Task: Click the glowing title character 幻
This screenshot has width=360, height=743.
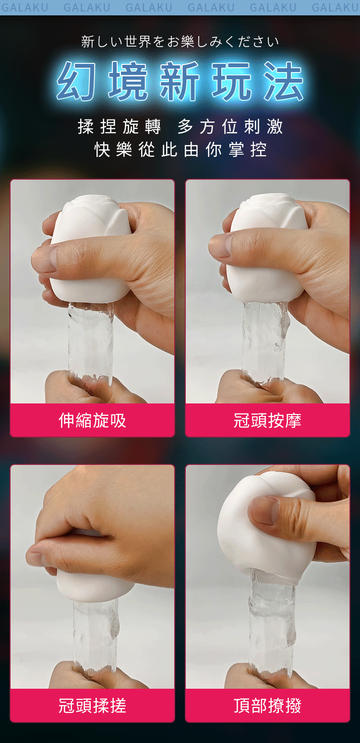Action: point(77,81)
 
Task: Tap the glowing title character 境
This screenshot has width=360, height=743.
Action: point(128,81)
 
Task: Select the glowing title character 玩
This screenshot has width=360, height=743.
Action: point(232,81)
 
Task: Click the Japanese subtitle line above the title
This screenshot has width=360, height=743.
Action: point(180,42)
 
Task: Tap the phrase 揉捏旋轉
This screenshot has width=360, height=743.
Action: point(120,127)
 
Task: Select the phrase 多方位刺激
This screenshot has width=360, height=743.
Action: point(230,127)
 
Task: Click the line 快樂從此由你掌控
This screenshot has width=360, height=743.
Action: point(180,149)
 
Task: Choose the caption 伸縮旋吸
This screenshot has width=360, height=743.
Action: point(92,421)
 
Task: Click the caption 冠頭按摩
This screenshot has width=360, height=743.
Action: point(267,421)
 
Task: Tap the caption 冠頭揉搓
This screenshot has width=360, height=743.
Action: point(92,705)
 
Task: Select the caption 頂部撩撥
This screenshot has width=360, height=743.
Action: point(267,705)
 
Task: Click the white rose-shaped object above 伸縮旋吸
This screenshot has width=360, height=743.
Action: point(89,249)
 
